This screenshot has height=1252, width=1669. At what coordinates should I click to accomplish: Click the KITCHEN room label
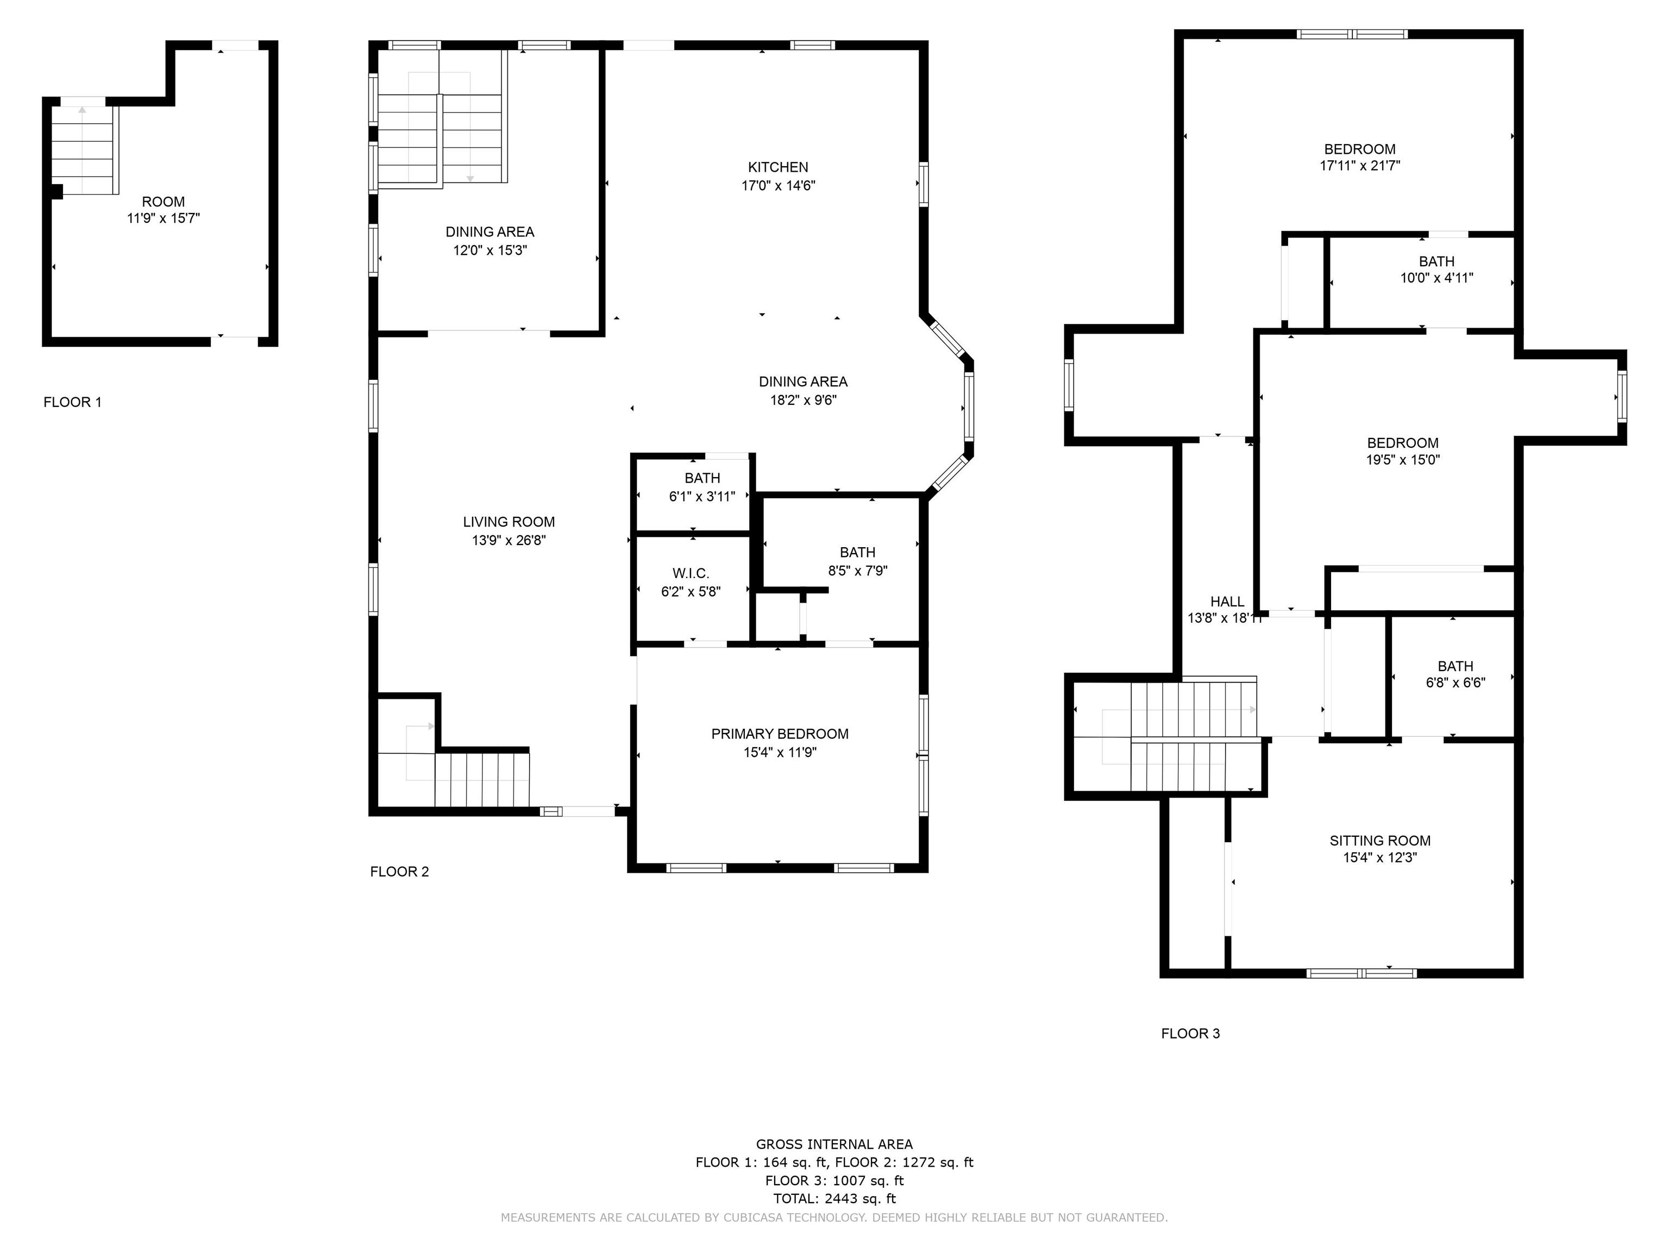coord(778,167)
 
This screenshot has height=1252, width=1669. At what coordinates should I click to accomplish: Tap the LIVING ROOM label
coord(509,522)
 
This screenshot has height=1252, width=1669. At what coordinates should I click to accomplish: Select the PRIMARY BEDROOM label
coord(780,734)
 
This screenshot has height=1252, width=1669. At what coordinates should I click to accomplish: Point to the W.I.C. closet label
coord(691,573)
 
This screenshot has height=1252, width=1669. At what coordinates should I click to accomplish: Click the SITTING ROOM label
coord(1380,841)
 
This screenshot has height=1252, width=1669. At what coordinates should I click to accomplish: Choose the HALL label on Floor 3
coord(1227,602)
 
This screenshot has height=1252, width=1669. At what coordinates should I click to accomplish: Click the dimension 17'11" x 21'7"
coord(1360,165)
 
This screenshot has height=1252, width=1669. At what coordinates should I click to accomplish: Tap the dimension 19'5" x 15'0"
coord(1403,460)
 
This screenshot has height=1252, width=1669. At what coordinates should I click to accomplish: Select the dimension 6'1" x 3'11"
coord(702,497)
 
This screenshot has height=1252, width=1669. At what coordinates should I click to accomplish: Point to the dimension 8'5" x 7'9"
coord(857,571)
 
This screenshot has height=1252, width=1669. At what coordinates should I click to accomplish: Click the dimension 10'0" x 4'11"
coord(1436,278)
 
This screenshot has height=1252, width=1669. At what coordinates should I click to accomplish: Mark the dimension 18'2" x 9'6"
coord(803,400)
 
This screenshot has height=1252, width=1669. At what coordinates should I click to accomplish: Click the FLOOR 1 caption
coord(72,402)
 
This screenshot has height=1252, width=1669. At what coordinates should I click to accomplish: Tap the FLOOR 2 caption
coord(399,872)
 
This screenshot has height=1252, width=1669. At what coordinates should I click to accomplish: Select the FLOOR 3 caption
coord(1190,1034)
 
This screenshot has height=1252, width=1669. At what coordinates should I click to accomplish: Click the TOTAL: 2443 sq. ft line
coord(834,1198)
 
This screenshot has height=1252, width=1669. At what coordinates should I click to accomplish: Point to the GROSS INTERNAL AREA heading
coord(834,1144)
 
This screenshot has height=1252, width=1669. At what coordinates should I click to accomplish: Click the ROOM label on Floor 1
coord(163,202)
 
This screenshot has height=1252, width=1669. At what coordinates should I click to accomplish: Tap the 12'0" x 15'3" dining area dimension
coord(490,250)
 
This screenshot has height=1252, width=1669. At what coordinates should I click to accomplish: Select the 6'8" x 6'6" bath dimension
coord(1455,683)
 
